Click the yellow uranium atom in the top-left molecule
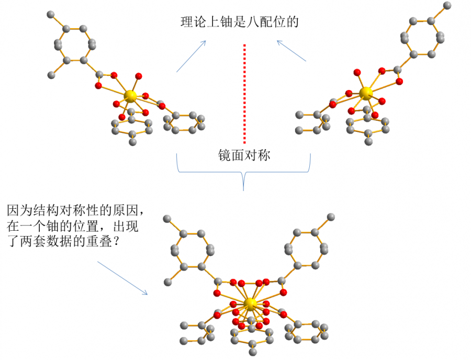coord(130,96)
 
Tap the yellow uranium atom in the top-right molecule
coord(366,94)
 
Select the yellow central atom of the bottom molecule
coord(250,304)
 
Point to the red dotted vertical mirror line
coord(244,94)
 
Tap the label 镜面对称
coord(244,155)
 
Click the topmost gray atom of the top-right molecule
coord(447,6)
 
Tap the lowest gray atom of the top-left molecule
coord(133,142)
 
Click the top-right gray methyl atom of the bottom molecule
coord(331,216)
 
